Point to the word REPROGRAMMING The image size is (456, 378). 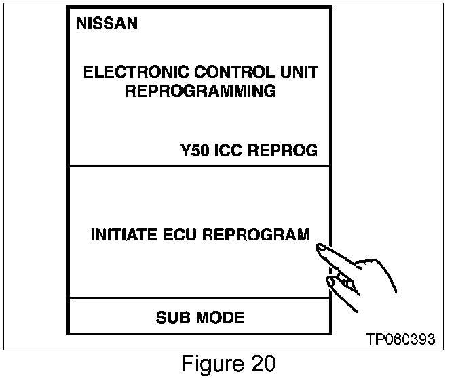click(201, 91)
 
